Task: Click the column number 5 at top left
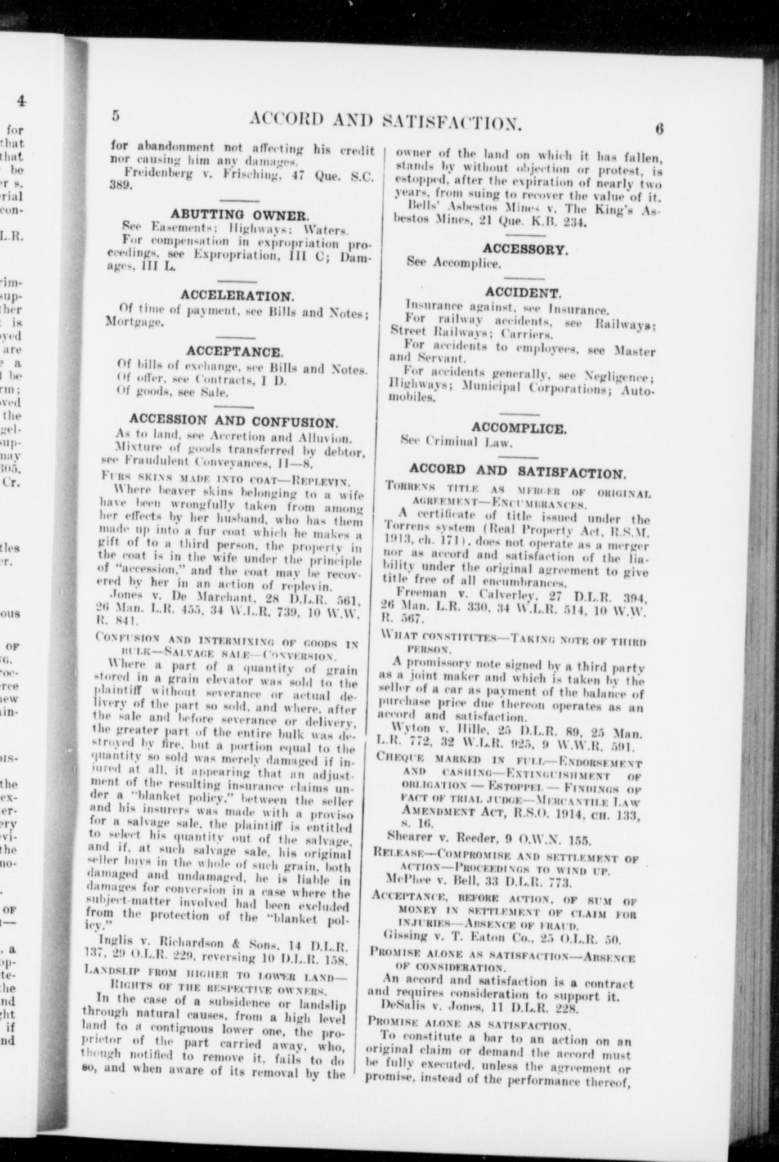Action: (x=116, y=115)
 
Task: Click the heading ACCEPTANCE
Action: (x=234, y=352)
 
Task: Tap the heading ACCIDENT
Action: (x=523, y=293)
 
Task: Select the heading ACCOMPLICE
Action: (x=519, y=429)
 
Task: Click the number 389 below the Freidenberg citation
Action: (x=119, y=187)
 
